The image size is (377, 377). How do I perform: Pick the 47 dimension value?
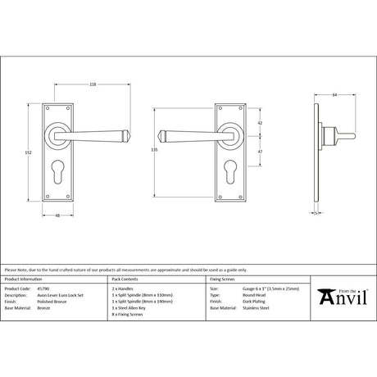[x=259, y=152]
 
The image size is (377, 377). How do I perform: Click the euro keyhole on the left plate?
[x=61, y=172]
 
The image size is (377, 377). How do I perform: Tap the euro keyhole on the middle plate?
[x=231, y=172]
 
